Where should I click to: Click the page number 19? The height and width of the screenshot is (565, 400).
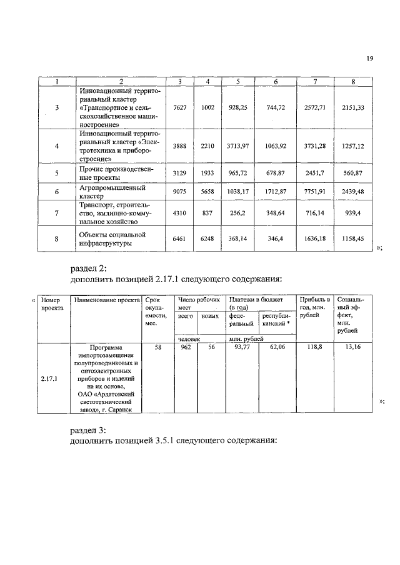tap(369, 59)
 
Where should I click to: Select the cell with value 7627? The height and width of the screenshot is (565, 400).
tap(179, 107)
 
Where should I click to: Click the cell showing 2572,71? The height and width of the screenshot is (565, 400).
tap(315, 107)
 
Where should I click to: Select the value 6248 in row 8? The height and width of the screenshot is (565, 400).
tap(207, 238)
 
